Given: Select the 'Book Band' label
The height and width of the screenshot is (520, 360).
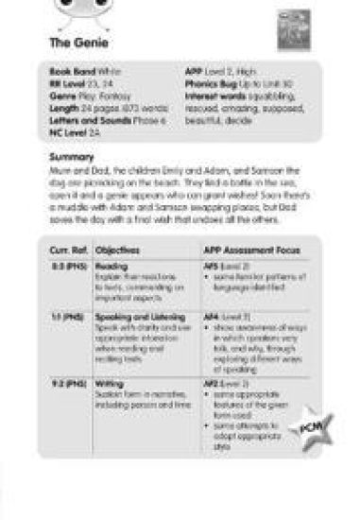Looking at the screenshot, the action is pos(69,71).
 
